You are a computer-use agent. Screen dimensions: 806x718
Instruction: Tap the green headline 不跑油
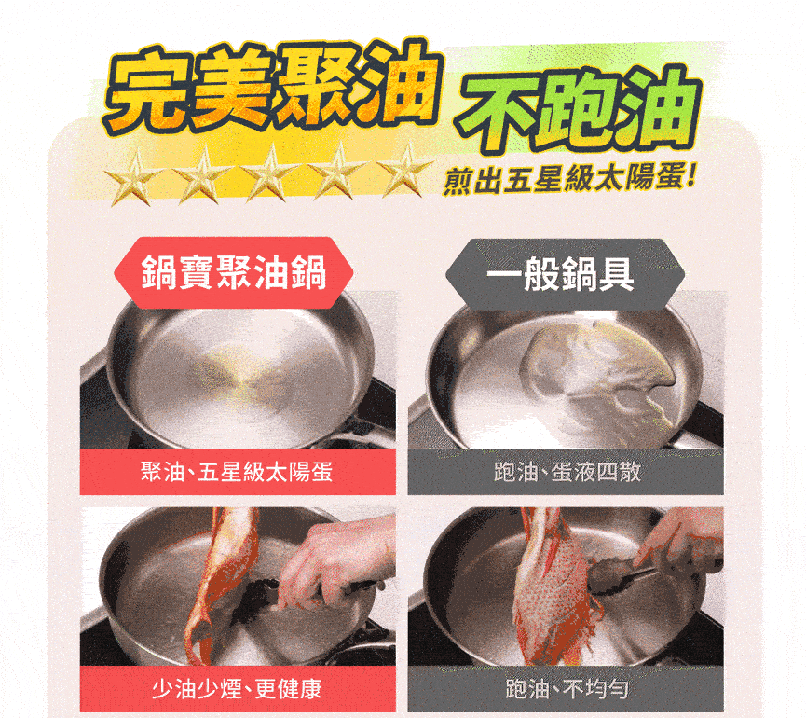pos(579,109)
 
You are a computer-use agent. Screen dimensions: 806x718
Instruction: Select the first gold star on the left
pos(133,176)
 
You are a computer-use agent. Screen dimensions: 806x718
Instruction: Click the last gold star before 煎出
pos(404,171)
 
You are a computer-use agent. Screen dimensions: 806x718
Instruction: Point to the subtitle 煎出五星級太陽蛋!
pos(569,180)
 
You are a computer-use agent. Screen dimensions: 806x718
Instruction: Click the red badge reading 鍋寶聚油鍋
pos(233,272)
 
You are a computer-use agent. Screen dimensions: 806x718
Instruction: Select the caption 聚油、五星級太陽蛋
pos(237,472)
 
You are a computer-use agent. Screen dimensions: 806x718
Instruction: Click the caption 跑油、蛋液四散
pos(567,472)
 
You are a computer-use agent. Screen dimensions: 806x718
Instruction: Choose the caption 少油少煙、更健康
pos(237,689)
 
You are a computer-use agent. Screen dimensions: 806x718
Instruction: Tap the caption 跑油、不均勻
pos(567,689)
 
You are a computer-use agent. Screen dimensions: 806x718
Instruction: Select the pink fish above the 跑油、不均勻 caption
pos(553,591)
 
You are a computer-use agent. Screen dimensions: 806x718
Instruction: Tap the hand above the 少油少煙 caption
pos(335,560)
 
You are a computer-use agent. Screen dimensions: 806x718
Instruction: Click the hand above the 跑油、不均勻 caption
pos(678,540)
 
